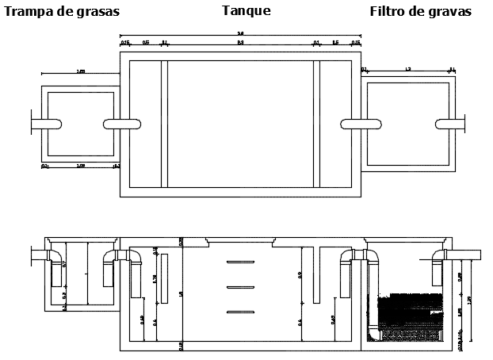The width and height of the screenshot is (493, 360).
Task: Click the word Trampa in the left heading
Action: point(29,11)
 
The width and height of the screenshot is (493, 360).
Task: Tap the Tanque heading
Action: point(246,11)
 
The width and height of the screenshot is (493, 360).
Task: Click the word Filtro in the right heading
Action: point(390,11)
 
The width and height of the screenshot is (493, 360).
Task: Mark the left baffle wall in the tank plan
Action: point(165,124)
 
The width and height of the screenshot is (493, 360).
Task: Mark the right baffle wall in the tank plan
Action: point(316,124)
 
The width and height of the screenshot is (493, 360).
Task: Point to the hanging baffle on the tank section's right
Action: point(315,274)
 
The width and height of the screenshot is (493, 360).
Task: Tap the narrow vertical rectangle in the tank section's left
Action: point(163,278)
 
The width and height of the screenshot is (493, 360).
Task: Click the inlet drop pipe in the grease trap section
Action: point(55,272)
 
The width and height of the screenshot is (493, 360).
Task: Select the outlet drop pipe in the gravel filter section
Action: point(434,272)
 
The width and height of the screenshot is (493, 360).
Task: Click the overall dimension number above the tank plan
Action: point(240,33)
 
